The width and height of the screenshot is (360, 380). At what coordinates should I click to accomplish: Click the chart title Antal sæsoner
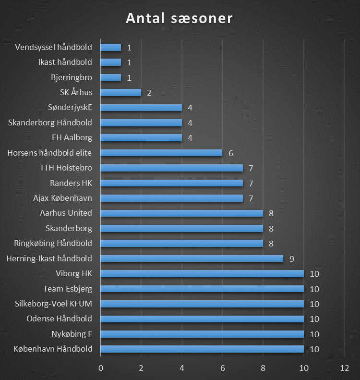pos(179,19)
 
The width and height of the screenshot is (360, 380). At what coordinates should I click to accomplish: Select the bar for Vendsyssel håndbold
pos(111,47)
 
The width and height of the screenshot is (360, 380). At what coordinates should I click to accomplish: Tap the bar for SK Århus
pos(120,92)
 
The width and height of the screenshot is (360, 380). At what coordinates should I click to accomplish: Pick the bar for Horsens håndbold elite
pos(161,153)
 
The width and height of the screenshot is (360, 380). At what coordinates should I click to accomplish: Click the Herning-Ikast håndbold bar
pos(192,258)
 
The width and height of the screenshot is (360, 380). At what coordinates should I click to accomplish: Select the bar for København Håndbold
pos(202,349)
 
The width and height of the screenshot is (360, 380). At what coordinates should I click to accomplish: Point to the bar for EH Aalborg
pos(141,138)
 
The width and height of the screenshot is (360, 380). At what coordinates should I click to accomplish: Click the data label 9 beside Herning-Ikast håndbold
pos(291,259)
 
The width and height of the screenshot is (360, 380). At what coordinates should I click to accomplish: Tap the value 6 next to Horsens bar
pos(230,153)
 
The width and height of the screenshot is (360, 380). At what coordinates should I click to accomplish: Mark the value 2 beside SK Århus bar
pos(149,93)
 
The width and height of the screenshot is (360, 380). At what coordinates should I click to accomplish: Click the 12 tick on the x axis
pos(344,368)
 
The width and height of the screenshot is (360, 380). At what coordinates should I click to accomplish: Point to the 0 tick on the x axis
pos(101,368)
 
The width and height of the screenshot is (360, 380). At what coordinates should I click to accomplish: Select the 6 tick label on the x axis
pos(222,368)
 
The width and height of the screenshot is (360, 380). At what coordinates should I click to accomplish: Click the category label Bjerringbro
pos(71,77)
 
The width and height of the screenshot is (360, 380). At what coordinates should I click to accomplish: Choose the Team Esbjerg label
pos(68,289)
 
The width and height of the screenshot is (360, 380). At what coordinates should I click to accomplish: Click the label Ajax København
pos(62,198)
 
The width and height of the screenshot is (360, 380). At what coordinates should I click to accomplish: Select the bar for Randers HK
pos(171,183)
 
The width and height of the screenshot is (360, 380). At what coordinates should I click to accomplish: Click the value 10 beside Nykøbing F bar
pos(314,334)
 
